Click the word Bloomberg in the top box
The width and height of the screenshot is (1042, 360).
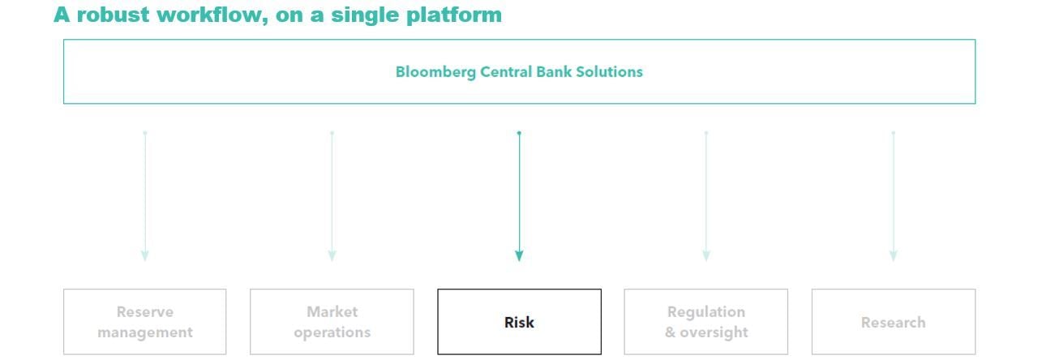tap(435, 72)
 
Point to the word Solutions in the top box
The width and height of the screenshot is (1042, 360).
tap(609, 71)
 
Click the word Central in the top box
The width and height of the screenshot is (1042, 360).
tap(506, 71)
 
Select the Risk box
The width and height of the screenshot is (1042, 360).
tap(519, 322)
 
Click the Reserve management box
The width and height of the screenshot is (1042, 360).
tap(144, 322)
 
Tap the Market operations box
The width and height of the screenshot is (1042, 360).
tap(332, 322)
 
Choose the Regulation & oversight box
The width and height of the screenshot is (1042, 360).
tap(706, 322)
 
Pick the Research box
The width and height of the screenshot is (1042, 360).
tap(893, 322)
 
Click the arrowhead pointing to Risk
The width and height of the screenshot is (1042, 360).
tap(519, 256)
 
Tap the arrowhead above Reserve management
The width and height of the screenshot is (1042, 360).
tap(145, 256)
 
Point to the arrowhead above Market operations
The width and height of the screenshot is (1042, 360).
tap(332, 256)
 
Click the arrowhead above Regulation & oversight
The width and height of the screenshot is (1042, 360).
tap(706, 256)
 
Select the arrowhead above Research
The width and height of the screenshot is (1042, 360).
tap(893, 256)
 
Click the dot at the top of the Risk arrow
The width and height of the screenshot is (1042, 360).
tap(519, 134)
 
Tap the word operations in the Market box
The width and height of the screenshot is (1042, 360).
tap(332, 333)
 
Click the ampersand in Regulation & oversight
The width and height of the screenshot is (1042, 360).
tap(670, 332)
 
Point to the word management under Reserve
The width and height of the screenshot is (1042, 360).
tap(144, 333)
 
